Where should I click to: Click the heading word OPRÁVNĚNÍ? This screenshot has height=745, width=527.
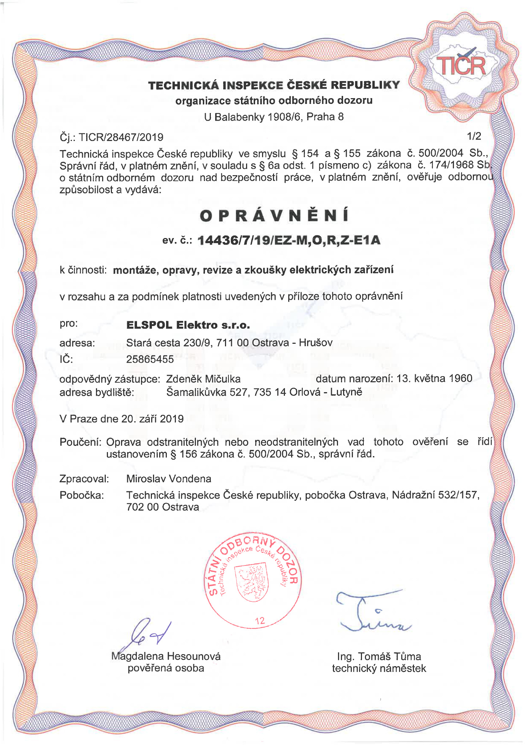point(274,216)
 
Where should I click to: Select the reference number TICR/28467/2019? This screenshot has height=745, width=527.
point(121,137)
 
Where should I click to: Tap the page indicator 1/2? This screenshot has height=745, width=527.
point(474,136)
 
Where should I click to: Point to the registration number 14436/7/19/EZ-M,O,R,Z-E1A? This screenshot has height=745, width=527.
point(289,240)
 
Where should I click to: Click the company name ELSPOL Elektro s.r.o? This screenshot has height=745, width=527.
point(188,325)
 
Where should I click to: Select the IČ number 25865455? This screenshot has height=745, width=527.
point(150,359)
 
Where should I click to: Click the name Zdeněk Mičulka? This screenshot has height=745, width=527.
point(203,379)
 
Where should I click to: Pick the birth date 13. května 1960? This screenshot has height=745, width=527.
point(434,378)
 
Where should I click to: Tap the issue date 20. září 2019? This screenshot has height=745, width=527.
point(152,419)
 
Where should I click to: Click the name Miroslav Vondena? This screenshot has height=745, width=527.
point(169,479)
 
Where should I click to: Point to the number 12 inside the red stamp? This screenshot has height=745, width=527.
point(260,621)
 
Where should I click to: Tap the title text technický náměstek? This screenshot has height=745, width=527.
point(379,668)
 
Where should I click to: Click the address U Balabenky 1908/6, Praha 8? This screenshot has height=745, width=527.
point(274,117)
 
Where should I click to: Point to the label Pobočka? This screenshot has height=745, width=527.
point(81,495)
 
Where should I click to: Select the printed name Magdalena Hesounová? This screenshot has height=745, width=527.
point(166,656)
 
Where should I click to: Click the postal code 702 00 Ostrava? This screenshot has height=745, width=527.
point(162,507)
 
